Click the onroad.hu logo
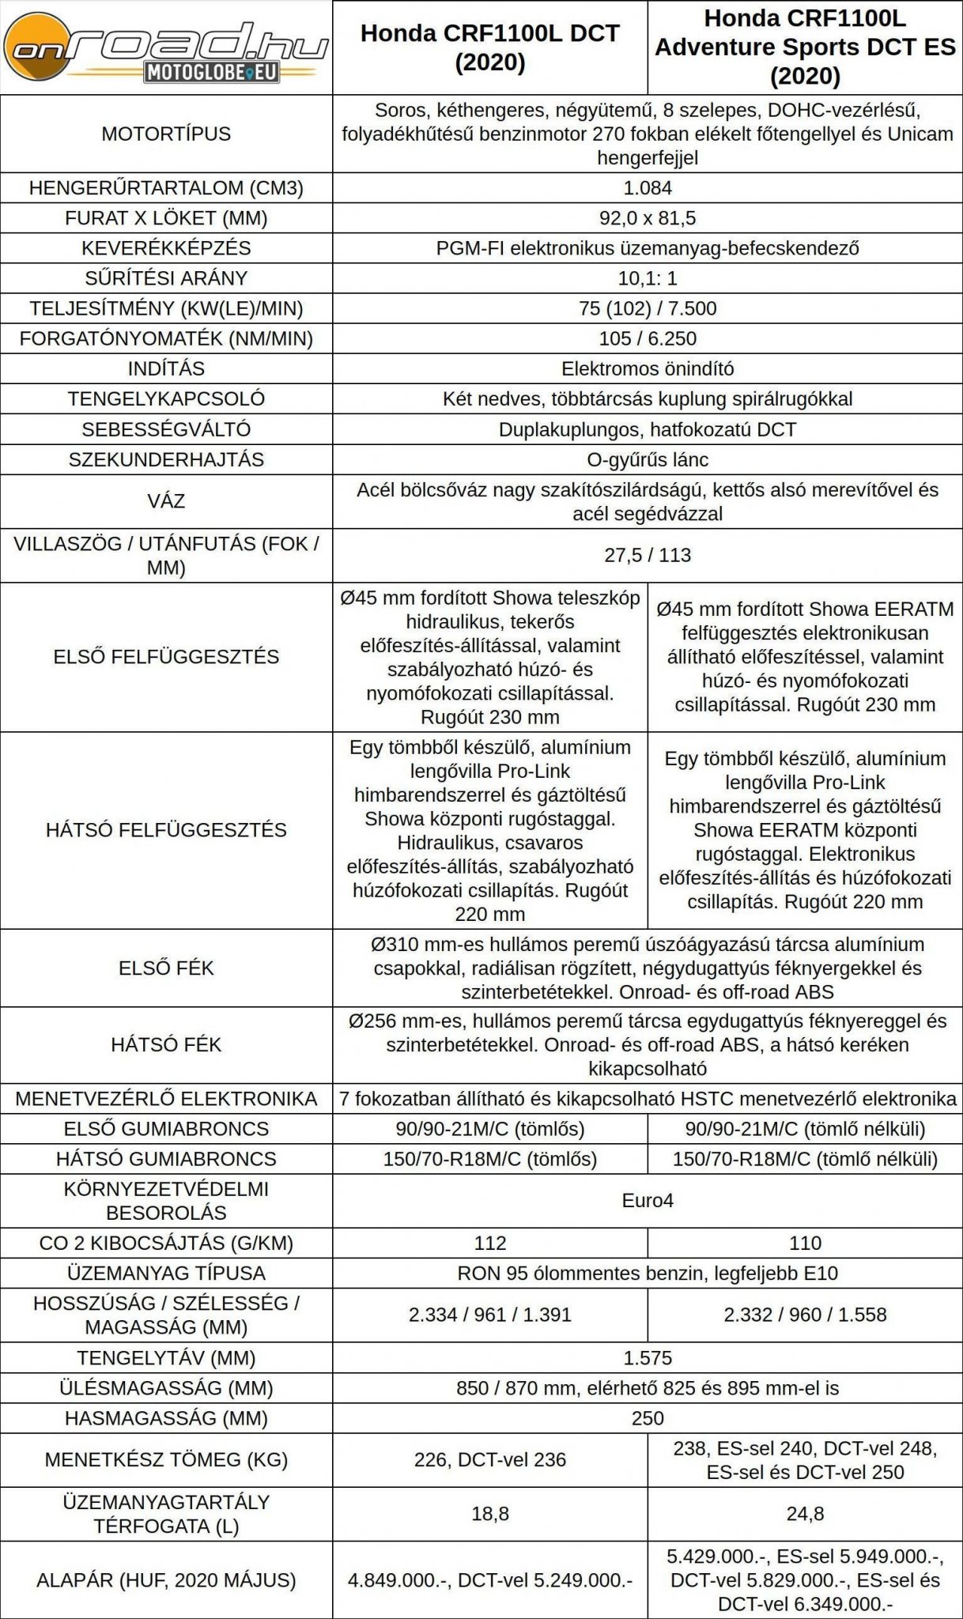coord(166,49)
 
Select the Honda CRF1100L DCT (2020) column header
coord(489,47)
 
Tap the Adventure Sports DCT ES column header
coord(805,47)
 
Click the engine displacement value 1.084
coord(647,188)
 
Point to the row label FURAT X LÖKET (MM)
coord(166,218)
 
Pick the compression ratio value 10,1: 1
coord(647,278)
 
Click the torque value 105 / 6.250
coord(647,338)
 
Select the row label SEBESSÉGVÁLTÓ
coord(166,429)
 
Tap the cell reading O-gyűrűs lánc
coord(647,459)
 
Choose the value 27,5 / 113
coord(647,555)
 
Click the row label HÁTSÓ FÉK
coord(166,1044)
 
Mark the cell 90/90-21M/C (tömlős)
coord(489,1129)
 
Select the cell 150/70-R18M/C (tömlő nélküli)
coord(805,1159)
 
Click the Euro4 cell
coord(647,1200)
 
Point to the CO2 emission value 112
coord(489,1243)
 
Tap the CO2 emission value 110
coord(805,1243)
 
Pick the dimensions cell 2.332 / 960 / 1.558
coord(805,1315)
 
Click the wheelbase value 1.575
coord(647,1358)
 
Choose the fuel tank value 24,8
coord(805,1514)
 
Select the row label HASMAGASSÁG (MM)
coord(166,1418)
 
